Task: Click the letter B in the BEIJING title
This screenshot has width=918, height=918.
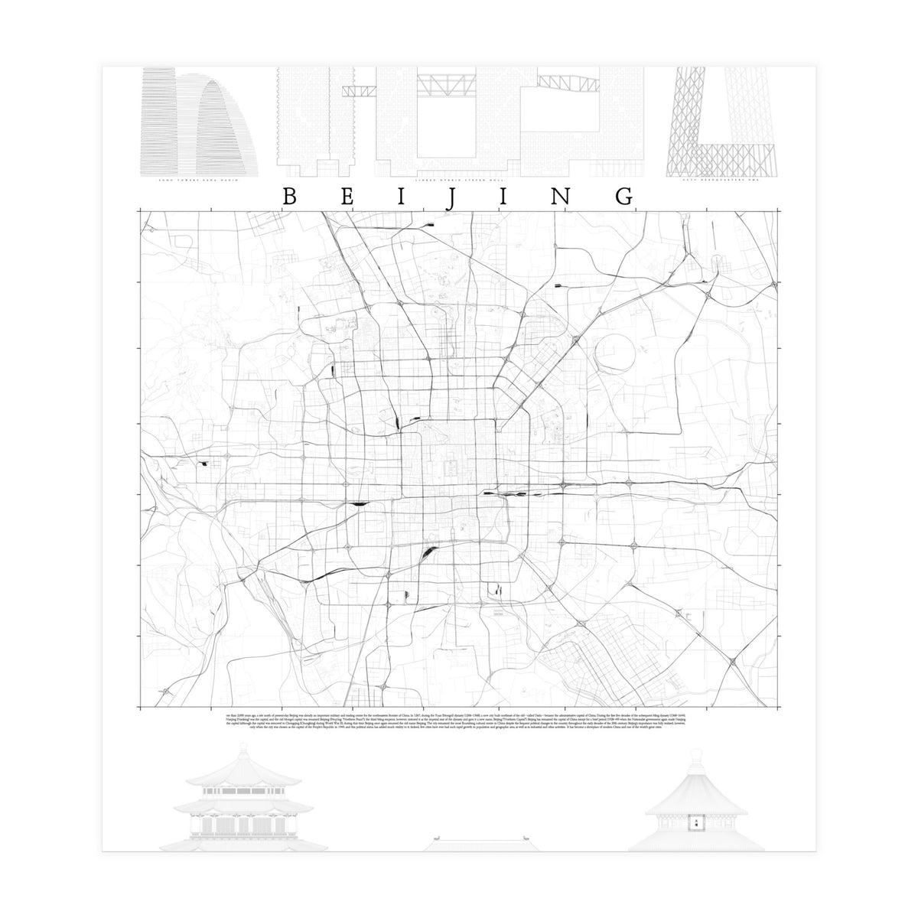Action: (x=290, y=197)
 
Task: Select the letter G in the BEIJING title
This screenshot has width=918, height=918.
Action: (x=624, y=197)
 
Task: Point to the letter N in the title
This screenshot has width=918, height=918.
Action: (x=562, y=197)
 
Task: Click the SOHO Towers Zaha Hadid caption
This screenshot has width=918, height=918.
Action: (x=197, y=180)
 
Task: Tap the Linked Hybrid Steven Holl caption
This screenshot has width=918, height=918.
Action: (x=459, y=180)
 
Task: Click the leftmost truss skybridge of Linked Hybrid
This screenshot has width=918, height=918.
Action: (x=358, y=91)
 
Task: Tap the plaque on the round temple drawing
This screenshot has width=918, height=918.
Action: (x=696, y=823)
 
